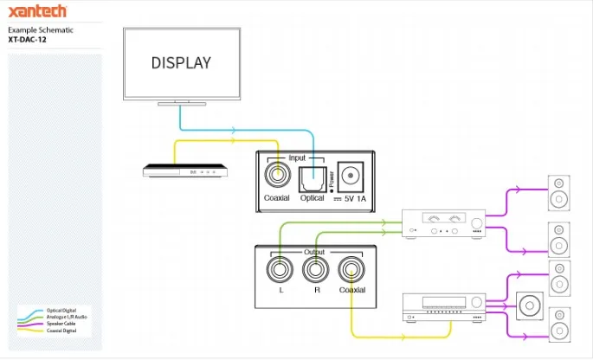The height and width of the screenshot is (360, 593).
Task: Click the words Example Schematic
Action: pyautogui.click(x=41, y=30)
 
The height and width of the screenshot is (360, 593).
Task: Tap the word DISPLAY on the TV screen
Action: pyautogui.click(x=181, y=63)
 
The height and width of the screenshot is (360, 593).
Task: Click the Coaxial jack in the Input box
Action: pyautogui.click(x=277, y=176)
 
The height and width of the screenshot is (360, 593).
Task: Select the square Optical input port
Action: pyautogui.click(x=312, y=179)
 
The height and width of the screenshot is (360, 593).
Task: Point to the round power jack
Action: pyautogui.click(x=351, y=176)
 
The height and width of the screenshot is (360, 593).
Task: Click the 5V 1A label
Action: pyautogui.click(x=355, y=199)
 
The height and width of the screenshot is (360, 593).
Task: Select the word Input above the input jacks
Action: pyautogui.click(x=297, y=158)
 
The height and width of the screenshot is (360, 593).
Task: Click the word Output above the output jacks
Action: pyautogui.click(x=314, y=252)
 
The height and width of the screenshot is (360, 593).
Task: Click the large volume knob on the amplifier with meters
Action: pyautogui.click(x=478, y=225)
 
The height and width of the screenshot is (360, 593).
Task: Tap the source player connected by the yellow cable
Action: pyautogui.click(x=187, y=171)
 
